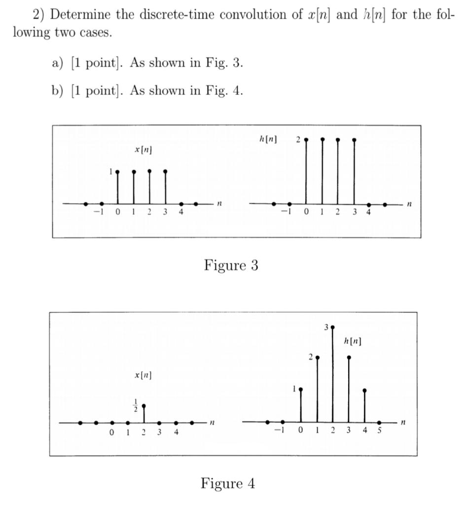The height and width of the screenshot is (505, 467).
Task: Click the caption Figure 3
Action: [x=231, y=265]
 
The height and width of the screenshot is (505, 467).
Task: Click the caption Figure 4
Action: [x=227, y=483]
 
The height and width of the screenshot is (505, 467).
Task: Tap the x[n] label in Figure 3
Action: [x=142, y=149]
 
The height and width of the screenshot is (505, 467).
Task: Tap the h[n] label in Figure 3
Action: [x=267, y=140]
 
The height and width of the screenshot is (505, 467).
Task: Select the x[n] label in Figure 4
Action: [x=143, y=376]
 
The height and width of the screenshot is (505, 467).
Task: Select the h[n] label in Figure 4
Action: [x=353, y=340]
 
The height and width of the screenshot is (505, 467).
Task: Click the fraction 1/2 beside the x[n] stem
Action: [x=136, y=405]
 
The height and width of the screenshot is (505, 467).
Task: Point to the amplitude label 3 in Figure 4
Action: [x=326, y=326]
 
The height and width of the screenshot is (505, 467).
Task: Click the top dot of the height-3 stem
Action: [x=333, y=327]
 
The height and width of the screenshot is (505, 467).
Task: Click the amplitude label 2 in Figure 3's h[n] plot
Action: [x=298, y=140]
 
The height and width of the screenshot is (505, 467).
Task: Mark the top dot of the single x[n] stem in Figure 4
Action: [x=144, y=406]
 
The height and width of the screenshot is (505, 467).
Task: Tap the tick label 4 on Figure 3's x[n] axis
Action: [x=181, y=213]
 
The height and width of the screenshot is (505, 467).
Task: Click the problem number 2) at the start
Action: [x=39, y=14]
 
